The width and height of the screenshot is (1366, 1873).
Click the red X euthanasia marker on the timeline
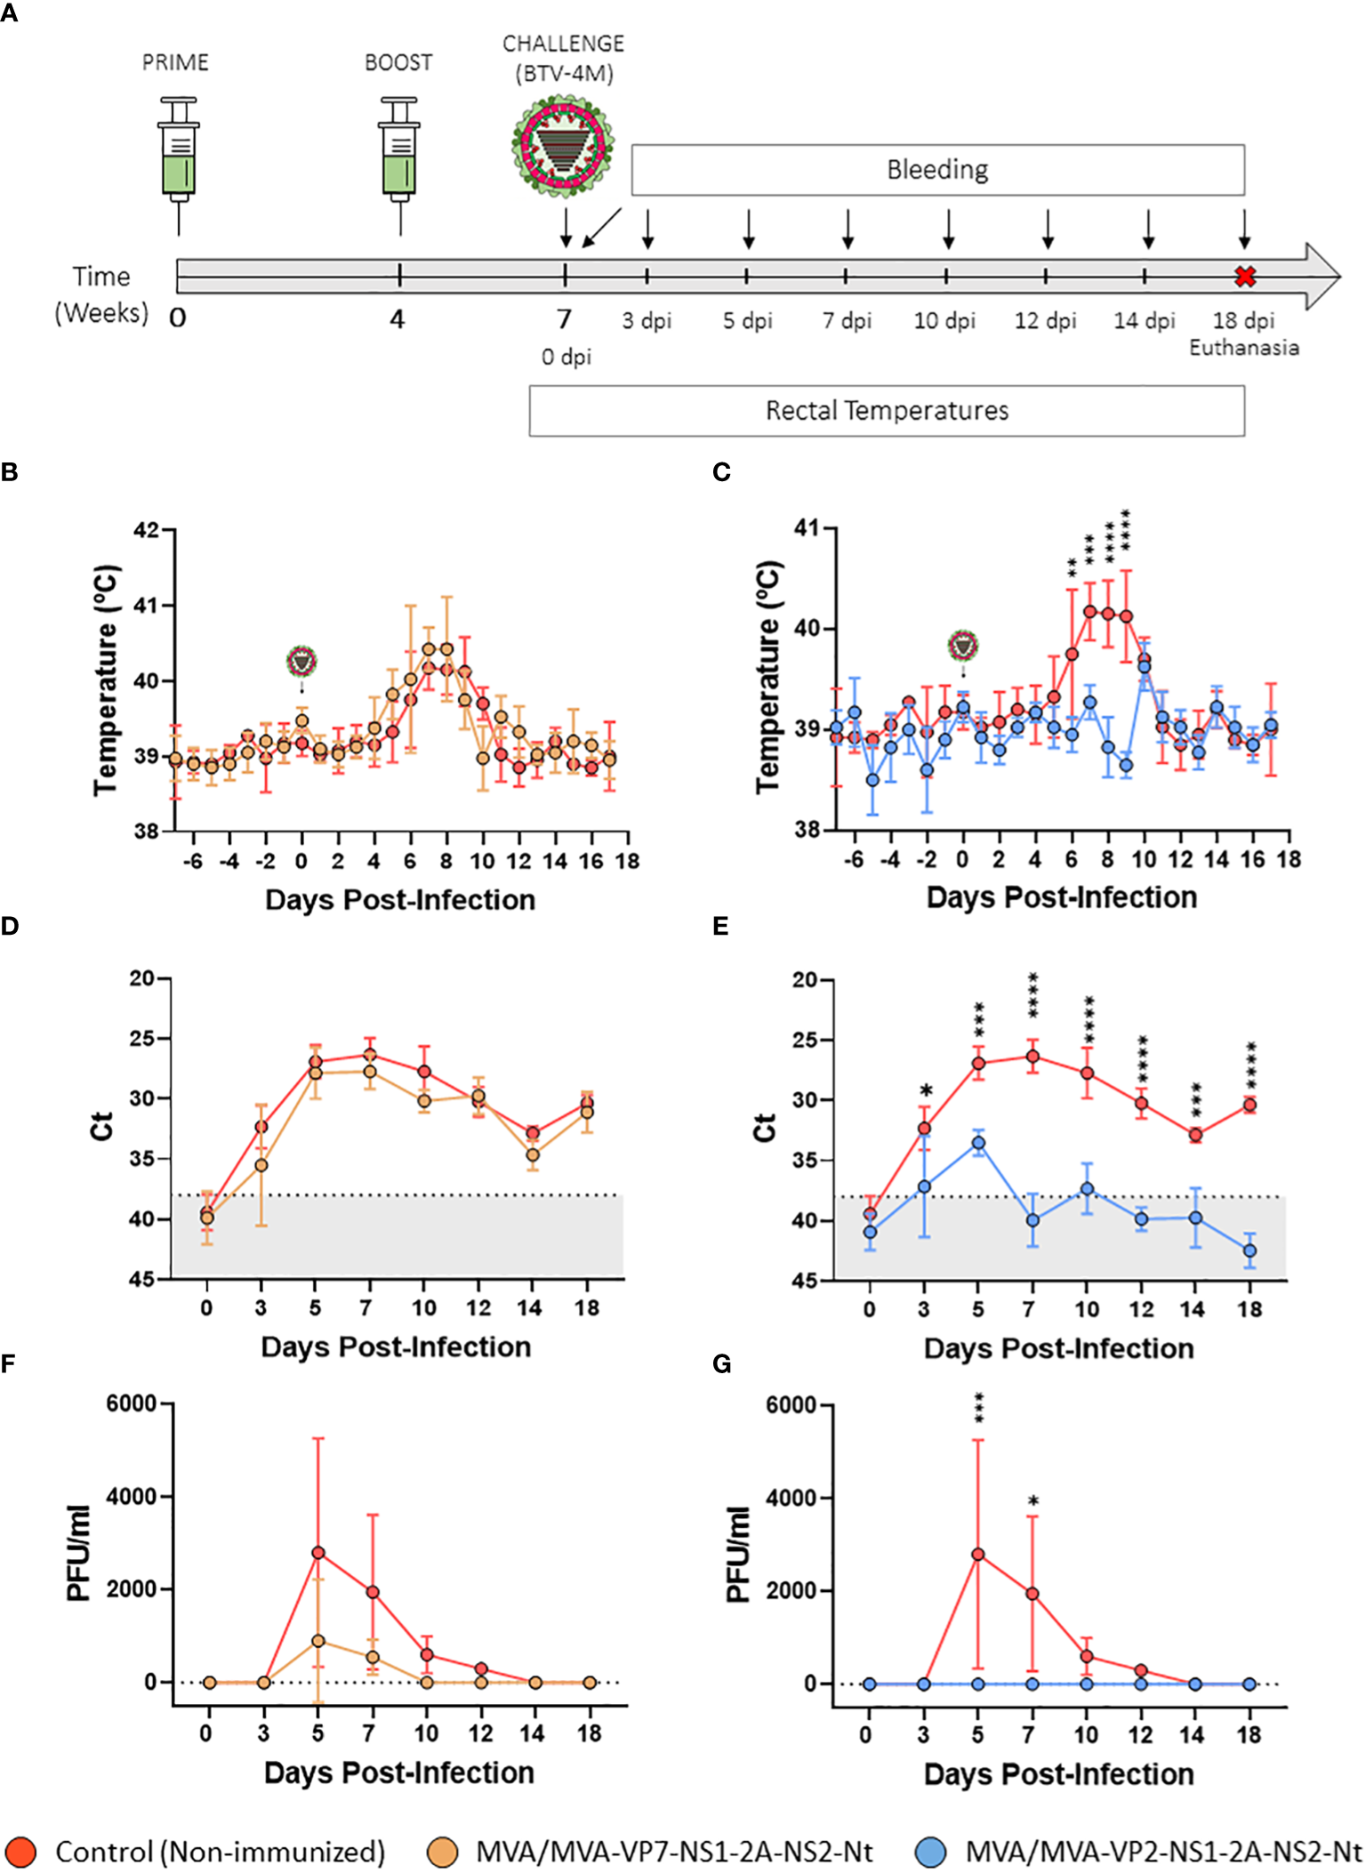point(1245,277)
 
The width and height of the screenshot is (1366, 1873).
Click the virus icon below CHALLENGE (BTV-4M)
point(563,145)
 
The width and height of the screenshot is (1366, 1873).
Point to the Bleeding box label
point(937,170)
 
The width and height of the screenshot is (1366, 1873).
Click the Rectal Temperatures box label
point(887,411)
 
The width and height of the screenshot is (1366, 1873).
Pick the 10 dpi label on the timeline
point(944,320)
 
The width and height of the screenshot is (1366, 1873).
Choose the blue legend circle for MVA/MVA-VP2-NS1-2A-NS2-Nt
point(930,1852)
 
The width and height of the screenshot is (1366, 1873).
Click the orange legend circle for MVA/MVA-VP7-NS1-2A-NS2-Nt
point(442,1852)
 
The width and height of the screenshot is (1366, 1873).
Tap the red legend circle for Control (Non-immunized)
point(20,1852)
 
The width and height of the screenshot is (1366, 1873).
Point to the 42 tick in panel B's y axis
point(146,531)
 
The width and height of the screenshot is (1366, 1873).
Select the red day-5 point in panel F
point(317,1553)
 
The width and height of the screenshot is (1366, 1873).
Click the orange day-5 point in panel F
point(317,1641)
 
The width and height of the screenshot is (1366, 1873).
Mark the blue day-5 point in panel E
point(978,1143)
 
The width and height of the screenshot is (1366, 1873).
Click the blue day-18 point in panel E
point(1249,1250)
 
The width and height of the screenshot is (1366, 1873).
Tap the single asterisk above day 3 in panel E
point(926,1091)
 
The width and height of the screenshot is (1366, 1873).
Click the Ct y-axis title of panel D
point(101,1126)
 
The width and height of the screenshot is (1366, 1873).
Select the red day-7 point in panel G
point(1033,1594)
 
